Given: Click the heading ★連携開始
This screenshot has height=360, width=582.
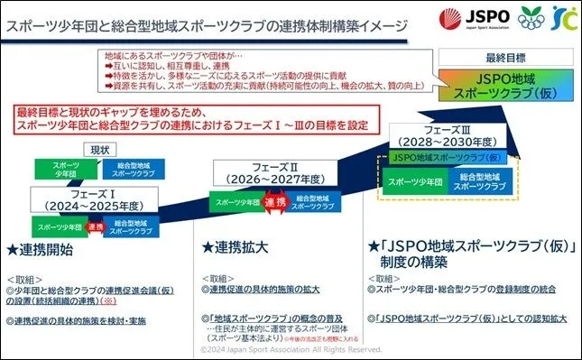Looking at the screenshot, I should pos(45,247).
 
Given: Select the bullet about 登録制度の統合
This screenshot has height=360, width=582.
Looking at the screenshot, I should pos(468,290).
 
